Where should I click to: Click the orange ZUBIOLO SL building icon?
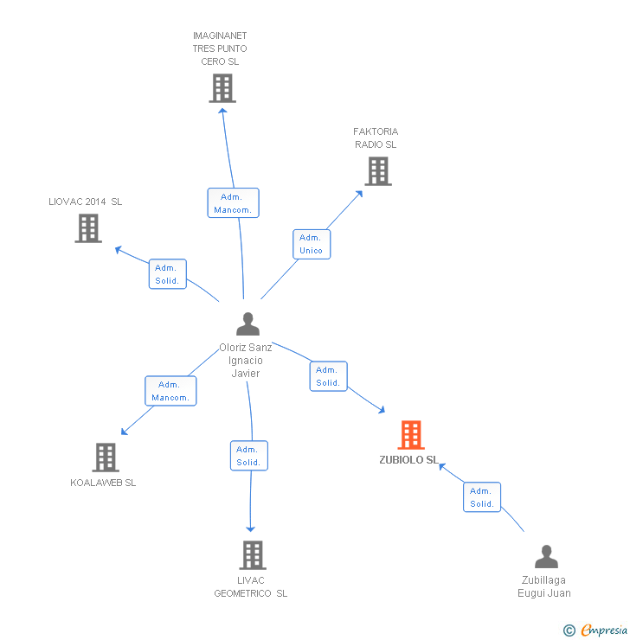(x=411, y=435)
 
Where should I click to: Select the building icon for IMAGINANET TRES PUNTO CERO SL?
(x=222, y=88)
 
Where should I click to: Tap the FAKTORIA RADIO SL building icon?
(x=377, y=171)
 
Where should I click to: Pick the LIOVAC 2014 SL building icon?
(x=88, y=228)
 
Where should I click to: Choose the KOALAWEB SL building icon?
(x=105, y=458)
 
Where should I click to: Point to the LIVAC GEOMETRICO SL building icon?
(x=252, y=555)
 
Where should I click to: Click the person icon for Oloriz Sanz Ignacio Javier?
(x=247, y=324)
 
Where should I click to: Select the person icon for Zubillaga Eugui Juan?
(x=546, y=556)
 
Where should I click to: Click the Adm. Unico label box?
(x=312, y=244)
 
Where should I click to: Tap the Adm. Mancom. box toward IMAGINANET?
(x=233, y=203)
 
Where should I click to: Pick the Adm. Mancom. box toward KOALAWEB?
(x=170, y=391)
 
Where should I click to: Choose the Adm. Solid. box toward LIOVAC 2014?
(x=167, y=274)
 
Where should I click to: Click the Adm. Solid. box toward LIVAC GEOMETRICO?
(x=249, y=456)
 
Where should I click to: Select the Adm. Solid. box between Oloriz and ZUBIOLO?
(x=328, y=376)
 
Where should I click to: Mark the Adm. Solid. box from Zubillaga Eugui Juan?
(x=482, y=497)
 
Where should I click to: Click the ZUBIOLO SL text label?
(x=408, y=460)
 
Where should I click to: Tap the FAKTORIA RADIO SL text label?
(x=376, y=138)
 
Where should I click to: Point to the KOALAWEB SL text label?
(x=103, y=483)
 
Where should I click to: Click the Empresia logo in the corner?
(x=602, y=630)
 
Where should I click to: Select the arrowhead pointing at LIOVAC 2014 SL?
(x=119, y=250)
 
